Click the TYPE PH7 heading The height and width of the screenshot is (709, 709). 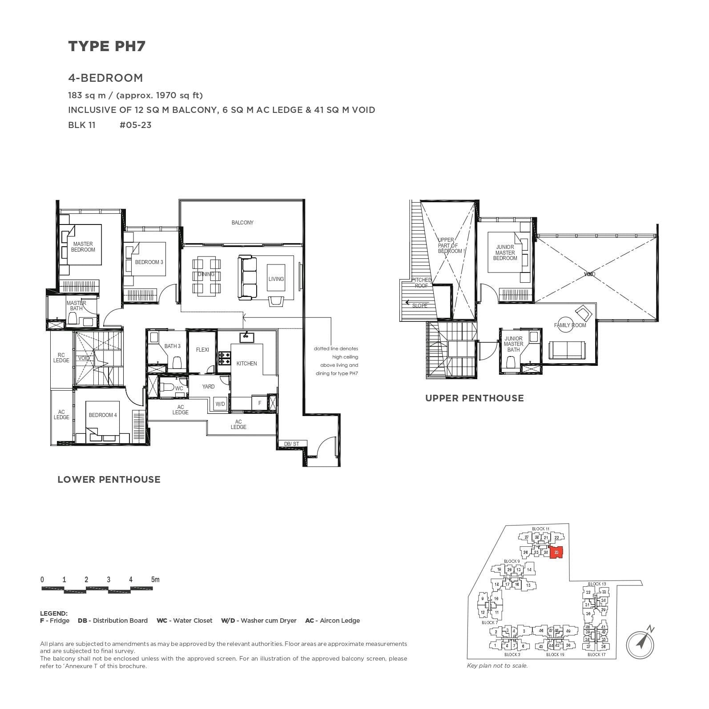click(107, 46)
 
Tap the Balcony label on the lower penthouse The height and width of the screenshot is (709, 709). click(242, 223)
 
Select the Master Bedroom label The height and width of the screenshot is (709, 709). click(83, 247)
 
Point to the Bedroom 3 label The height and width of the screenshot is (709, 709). click(149, 262)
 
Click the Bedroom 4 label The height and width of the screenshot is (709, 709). click(103, 415)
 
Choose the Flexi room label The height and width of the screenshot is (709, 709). click(202, 350)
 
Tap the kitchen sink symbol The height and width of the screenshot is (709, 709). click(246, 337)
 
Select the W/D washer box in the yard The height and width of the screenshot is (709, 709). click(220, 404)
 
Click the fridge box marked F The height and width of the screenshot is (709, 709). click(260, 403)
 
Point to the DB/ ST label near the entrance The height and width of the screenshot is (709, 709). click(292, 444)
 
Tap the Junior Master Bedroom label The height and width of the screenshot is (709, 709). click(505, 252)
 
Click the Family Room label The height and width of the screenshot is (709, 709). click(570, 325)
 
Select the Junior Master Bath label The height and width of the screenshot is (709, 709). click(513, 344)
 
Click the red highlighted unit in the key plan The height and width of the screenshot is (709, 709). click(556, 552)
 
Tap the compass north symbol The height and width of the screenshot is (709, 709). click(641, 642)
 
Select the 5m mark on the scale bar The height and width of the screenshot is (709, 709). click(155, 580)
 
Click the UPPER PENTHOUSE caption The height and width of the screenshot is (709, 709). click(474, 398)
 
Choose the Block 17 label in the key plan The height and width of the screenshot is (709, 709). click(596, 654)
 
